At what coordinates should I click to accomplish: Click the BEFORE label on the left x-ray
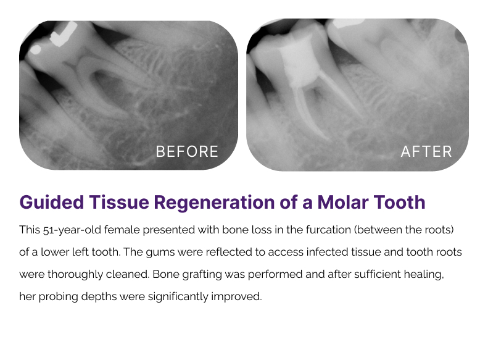pos(187,152)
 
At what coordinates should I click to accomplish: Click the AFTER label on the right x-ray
pos(426,152)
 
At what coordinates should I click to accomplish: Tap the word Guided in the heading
pos(52,202)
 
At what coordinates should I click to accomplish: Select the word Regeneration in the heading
pos(215,203)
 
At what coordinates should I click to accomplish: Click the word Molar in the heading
pos(343,202)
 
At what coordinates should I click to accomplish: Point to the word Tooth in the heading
pos(400,202)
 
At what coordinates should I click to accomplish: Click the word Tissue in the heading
pos(119,202)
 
